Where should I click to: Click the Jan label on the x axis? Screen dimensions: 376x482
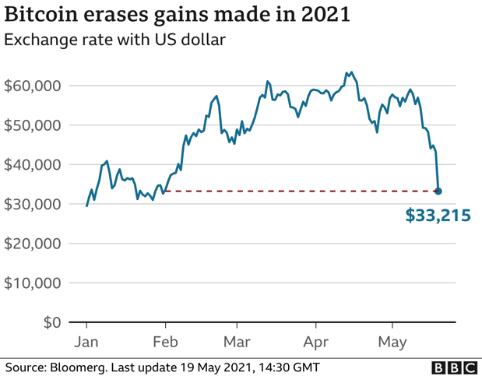86,342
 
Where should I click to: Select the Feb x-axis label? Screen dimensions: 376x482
165,342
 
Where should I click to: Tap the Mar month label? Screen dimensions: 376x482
237,342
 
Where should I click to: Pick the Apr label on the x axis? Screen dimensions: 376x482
316,342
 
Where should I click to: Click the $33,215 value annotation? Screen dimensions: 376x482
438,216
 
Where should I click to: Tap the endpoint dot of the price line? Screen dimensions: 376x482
438,191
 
